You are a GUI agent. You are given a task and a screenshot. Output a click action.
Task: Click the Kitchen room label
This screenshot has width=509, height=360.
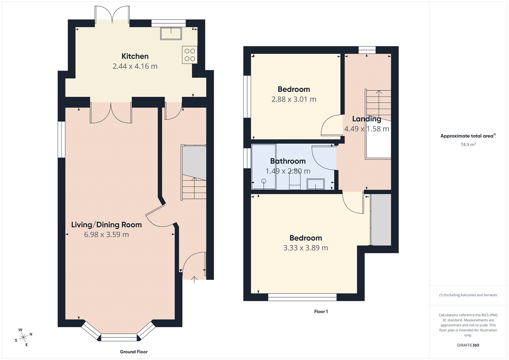[135, 56]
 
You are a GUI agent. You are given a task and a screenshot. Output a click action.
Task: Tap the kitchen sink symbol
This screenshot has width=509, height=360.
[171, 33]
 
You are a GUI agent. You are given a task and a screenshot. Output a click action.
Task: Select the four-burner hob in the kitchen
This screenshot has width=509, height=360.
[190, 55]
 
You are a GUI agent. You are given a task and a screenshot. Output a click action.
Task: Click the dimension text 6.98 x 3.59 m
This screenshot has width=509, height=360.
[106, 235]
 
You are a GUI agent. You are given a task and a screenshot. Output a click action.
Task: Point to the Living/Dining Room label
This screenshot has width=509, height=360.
[106, 225]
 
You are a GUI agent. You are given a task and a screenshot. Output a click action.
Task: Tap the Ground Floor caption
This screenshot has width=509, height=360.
[134, 352]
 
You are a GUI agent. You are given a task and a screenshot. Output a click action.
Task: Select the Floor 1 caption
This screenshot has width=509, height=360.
[321, 312]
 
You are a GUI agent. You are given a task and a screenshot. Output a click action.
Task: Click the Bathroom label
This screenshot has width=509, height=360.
[288, 161]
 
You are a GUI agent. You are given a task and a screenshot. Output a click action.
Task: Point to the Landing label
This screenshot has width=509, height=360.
[366, 119]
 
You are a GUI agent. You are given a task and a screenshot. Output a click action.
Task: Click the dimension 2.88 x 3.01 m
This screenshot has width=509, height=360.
[294, 99]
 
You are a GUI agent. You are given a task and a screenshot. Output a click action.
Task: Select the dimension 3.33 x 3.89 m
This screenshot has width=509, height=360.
[305, 248]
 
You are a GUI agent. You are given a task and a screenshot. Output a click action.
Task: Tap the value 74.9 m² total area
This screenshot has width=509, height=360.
[468, 145]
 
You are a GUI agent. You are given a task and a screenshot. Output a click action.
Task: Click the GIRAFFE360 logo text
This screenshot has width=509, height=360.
[468, 345]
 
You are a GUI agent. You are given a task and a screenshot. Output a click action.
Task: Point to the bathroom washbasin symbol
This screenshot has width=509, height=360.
[315, 184]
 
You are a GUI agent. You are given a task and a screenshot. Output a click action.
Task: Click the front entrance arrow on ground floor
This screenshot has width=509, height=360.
[194, 279]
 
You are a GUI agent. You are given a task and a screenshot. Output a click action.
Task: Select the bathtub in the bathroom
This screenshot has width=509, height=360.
[264, 166]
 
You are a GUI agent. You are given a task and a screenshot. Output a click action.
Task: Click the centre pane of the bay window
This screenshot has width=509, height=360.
[119, 337]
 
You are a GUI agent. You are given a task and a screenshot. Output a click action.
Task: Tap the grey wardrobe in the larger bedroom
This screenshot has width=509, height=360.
[381, 220]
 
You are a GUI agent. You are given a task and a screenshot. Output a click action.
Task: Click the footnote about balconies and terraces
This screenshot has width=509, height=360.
[468, 295]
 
